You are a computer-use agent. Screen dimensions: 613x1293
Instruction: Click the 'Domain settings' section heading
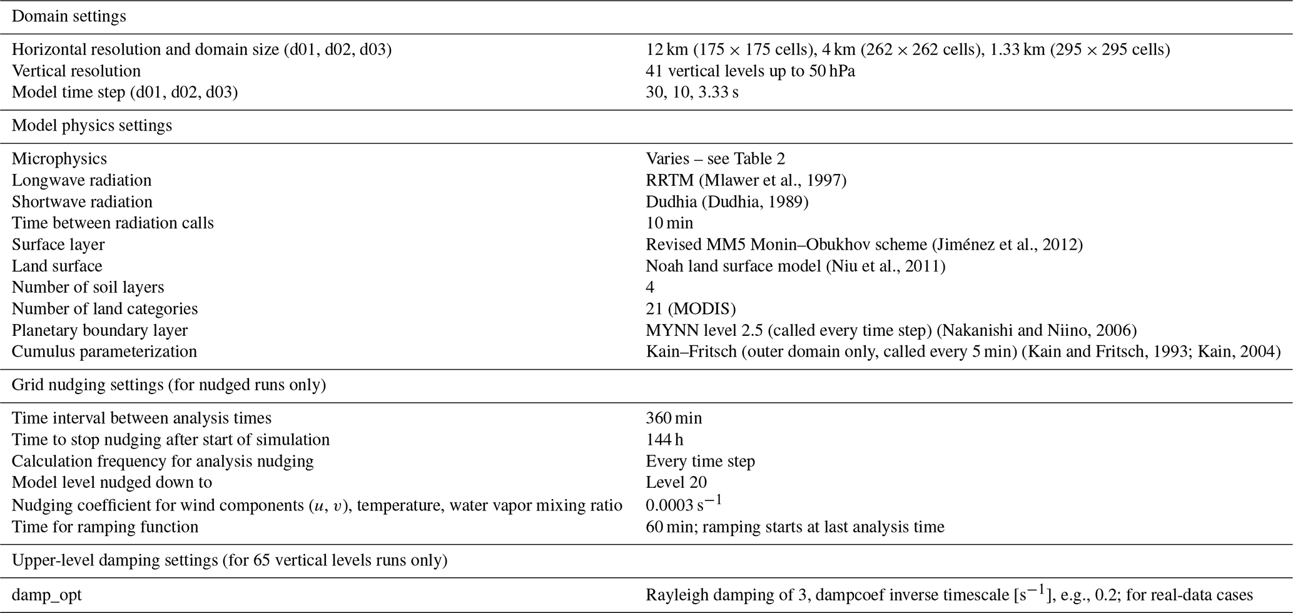tap(69, 16)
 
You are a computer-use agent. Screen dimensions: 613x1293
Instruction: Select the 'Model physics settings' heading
tap(92, 126)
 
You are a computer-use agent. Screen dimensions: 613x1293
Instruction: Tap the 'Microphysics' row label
tap(59, 159)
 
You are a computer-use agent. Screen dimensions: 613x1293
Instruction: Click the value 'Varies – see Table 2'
tap(715, 159)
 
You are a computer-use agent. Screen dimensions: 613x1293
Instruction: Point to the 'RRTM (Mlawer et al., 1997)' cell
tap(746, 180)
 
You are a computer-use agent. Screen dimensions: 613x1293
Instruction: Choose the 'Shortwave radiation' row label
tap(82, 201)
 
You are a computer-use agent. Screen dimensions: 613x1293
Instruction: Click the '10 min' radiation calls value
tap(669, 223)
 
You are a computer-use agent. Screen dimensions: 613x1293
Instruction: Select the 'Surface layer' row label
tap(58, 245)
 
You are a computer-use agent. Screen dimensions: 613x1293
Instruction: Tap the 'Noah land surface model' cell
tap(795, 266)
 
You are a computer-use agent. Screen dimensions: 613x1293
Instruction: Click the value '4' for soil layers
tap(651, 287)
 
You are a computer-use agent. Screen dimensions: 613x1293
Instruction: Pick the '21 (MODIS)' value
tap(691, 308)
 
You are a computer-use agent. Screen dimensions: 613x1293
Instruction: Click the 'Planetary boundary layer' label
tap(99, 330)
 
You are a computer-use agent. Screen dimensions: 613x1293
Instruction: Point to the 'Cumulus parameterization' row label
tap(104, 352)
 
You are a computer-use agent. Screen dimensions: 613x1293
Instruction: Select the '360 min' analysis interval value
tap(674, 418)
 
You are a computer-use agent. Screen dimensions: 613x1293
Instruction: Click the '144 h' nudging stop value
tap(664, 440)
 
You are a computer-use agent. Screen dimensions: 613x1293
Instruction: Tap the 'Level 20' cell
tap(676, 482)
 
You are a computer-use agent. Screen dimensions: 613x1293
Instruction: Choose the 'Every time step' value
tap(700, 461)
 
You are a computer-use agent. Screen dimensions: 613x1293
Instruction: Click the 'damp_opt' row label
tap(47, 595)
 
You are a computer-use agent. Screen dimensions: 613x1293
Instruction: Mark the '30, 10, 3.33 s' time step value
tap(692, 93)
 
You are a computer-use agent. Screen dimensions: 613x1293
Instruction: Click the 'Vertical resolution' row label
tap(76, 71)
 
